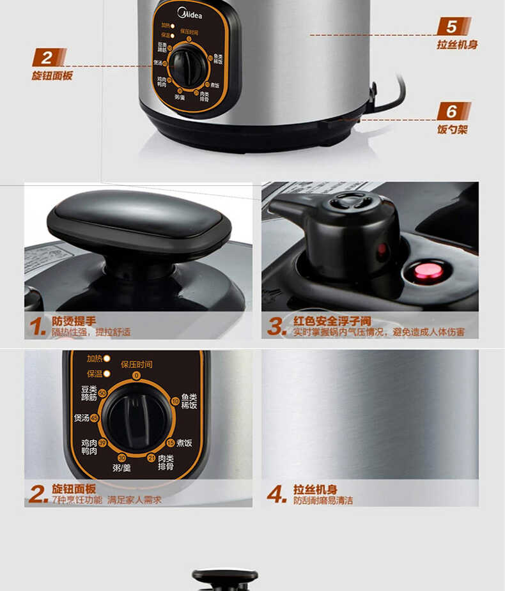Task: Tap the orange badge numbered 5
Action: tap(453, 27)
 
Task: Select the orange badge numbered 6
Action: tap(453, 111)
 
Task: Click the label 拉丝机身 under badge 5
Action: tap(457, 45)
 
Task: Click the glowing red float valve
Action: tap(428, 272)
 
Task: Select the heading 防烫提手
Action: tap(74, 321)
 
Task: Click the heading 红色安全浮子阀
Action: tap(332, 321)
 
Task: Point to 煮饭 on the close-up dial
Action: tap(184, 443)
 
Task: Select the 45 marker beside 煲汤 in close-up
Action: tap(95, 418)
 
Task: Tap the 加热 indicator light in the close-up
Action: tap(107, 358)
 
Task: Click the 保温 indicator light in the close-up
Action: tap(107, 373)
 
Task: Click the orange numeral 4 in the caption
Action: tap(276, 494)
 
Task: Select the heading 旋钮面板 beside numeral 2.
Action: tap(74, 489)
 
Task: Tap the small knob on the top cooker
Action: tap(186, 65)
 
